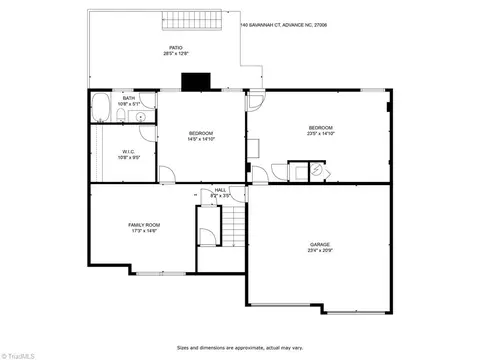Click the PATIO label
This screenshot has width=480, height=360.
coord(176,47)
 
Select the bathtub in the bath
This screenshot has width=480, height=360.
coord(102,109)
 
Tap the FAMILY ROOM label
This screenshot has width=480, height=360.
coord(144,225)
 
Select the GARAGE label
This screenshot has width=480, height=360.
coord(320,244)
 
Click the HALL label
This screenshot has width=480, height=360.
coord(220,190)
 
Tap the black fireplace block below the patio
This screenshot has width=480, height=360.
coord(191,83)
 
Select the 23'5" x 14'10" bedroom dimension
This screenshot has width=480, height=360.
coord(320,134)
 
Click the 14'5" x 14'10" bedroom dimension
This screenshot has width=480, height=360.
coord(201,139)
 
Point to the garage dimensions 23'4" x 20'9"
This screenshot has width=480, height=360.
coord(320,250)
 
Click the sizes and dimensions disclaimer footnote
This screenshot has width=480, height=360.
coord(240,348)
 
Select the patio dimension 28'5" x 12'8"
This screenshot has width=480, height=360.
coord(176,53)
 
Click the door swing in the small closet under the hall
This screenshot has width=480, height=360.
coord(206,237)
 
